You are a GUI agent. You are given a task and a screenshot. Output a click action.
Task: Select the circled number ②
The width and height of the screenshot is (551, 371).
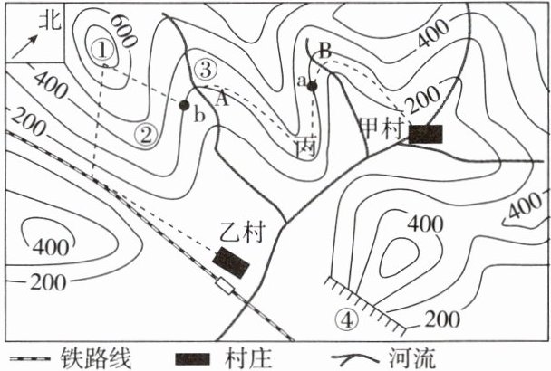[x=145, y=135]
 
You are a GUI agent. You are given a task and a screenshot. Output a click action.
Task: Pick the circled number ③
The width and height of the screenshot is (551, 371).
[x=205, y=68]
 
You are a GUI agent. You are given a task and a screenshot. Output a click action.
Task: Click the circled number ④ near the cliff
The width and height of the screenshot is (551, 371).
[x=347, y=319]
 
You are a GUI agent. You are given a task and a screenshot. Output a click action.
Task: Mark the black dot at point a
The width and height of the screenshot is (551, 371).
[x=312, y=86]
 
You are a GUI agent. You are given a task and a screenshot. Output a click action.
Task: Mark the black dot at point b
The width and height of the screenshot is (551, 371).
[x=184, y=106]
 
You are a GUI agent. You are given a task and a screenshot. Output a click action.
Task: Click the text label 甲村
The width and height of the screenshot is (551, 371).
[x=381, y=127]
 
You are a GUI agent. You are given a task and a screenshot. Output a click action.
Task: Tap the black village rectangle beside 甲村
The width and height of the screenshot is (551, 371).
[x=425, y=134]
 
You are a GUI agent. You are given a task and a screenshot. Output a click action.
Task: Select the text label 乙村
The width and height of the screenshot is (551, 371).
[x=240, y=233]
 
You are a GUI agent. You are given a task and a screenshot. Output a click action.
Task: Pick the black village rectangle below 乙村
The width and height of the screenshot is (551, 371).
[x=231, y=262]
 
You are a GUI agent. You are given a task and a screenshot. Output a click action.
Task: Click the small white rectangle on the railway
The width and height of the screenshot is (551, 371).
[x=224, y=287]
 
